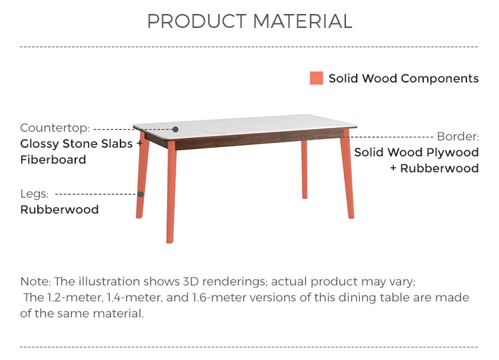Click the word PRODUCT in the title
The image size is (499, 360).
click(x=197, y=21)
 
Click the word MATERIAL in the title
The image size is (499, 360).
click(x=303, y=21)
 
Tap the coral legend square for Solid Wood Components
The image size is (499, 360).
click(x=316, y=78)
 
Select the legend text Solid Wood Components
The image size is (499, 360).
click(x=404, y=79)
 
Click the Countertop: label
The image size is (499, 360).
click(x=55, y=128)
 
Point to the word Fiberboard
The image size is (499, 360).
click(x=53, y=160)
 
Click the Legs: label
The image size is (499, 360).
click(x=35, y=194)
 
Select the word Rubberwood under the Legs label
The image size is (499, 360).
click(x=59, y=210)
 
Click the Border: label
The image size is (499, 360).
click(x=458, y=136)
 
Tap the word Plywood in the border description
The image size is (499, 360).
click(x=452, y=152)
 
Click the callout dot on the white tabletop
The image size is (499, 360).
click(x=176, y=129)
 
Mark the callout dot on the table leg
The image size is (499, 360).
click(x=140, y=194)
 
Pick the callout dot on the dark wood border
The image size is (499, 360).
click(x=283, y=137)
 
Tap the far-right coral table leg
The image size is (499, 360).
click(x=347, y=174)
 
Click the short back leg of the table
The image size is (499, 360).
click(x=305, y=170)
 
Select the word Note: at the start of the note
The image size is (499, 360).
click(x=35, y=281)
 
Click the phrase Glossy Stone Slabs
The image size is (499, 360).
click(x=77, y=144)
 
